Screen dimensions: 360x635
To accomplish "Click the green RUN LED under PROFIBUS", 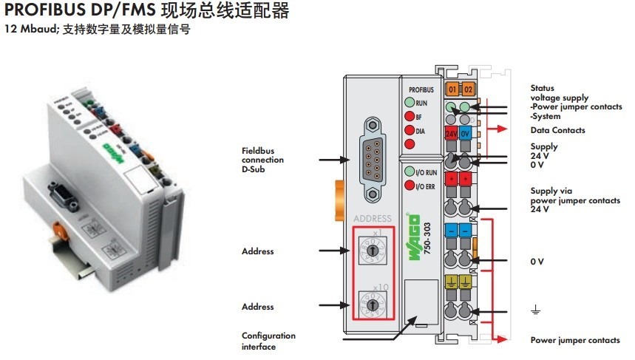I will point(409,103).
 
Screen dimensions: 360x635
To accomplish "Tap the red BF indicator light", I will point(409,117).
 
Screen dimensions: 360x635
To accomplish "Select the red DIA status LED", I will point(409,131).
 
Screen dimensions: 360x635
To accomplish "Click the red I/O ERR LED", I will point(409,186).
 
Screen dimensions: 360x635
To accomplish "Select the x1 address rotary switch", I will point(373,251).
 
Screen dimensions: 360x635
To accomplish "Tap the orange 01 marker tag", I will point(452,90).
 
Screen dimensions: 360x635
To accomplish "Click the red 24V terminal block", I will point(452,135).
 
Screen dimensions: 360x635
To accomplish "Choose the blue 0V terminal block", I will point(466,135).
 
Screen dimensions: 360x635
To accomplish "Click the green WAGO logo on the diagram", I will point(415,236).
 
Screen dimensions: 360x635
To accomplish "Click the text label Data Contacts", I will point(557,130).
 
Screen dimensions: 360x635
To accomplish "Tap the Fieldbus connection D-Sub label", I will point(262,160).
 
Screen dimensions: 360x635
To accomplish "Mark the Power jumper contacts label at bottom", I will point(575,340).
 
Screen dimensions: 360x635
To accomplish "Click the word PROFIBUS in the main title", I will point(41,13).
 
